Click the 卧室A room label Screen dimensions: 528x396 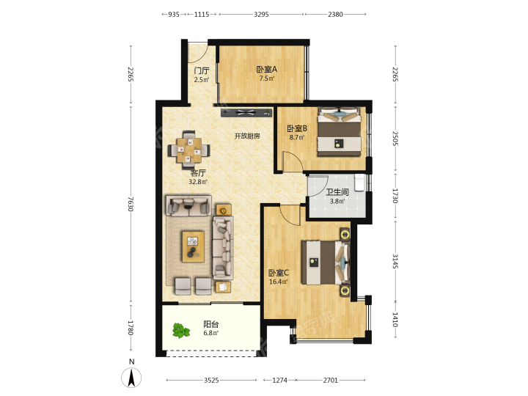[x=267, y=70]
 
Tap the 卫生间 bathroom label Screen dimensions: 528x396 [x=337, y=192]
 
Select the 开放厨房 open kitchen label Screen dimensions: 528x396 [x=247, y=136]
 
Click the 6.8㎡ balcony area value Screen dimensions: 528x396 [x=211, y=333]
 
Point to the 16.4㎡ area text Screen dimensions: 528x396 [x=279, y=282]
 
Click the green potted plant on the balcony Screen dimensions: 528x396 [x=181, y=330]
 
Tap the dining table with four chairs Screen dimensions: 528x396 [x=189, y=150]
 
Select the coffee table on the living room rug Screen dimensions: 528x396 [x=193, y=246]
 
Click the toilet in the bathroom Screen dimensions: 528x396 [x=359, y=183]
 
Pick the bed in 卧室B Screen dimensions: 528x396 [x=339, y=132]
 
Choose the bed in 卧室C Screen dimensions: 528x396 [x=326, y=263]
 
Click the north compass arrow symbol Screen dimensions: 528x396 [x=131, y=378]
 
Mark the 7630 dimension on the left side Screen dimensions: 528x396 [x=131, y=204]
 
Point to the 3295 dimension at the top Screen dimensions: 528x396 [x=261, y=14]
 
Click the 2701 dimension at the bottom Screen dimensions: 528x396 [x=330, y=380]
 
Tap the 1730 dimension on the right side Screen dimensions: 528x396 [x=395, y=196]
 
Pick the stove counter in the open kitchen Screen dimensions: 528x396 [x=246, y=112]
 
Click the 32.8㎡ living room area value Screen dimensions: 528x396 [x=198, y=182]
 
